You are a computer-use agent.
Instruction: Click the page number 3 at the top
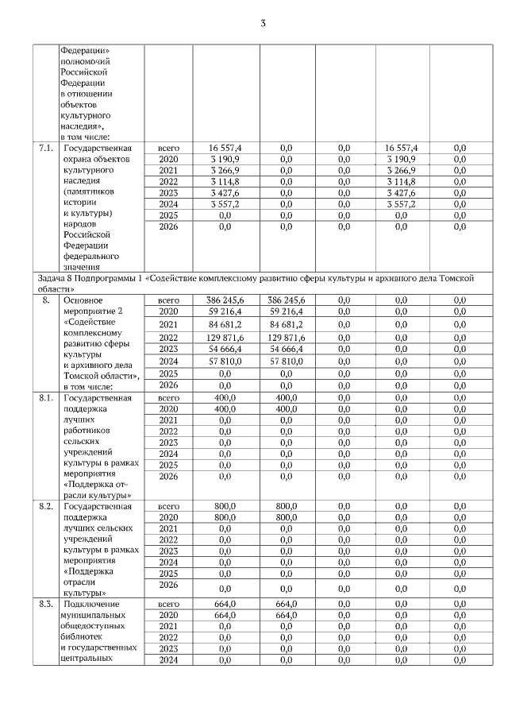[263, 23]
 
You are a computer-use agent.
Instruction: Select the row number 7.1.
[46, 148]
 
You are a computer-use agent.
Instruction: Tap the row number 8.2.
[46, 505]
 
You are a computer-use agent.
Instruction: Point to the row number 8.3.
[46, 605]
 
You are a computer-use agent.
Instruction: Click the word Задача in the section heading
[52, 279]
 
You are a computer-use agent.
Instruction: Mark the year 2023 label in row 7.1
[168, 192]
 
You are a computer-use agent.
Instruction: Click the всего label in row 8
[168, 301]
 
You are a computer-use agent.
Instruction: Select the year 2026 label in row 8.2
[168, 586]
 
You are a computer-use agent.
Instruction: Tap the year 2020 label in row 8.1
[168, 408]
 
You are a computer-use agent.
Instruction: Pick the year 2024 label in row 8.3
[168, 659]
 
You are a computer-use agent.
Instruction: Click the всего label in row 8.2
[168, 505]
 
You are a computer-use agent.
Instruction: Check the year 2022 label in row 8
[168, 338]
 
